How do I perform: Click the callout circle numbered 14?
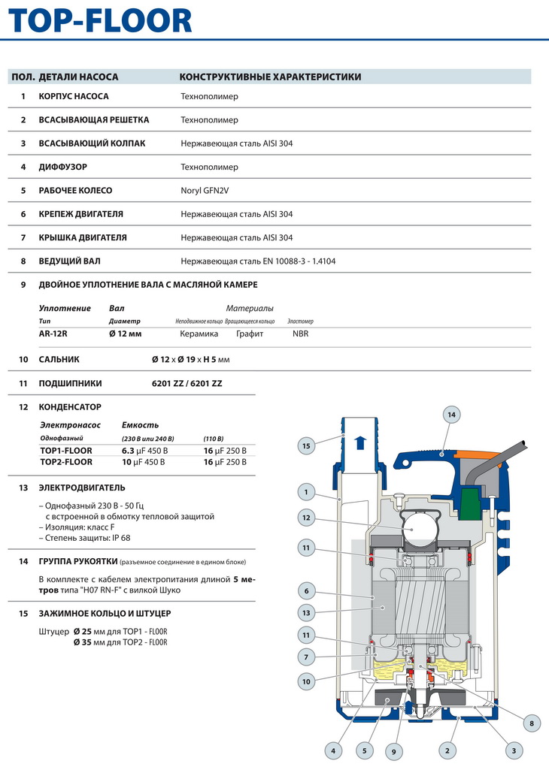point(451,415)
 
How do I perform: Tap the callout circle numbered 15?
point(306,446)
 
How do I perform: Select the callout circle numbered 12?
point(306,517)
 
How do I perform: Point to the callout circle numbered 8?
point(532,723)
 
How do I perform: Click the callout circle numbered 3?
point(514,750)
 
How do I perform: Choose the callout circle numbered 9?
point(393,750)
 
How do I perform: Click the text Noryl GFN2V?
point(205,191)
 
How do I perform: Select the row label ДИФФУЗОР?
point(65,167)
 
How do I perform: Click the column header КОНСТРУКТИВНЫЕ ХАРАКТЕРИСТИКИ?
point(270,77)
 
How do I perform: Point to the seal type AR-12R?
point(54,334)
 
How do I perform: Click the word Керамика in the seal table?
point(199,334)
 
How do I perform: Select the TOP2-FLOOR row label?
point(66,462)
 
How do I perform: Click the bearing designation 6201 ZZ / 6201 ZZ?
point(187,383)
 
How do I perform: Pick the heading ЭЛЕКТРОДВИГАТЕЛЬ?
point(82,488)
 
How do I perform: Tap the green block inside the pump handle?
point(472,499)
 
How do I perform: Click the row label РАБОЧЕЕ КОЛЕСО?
point(75,191)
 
